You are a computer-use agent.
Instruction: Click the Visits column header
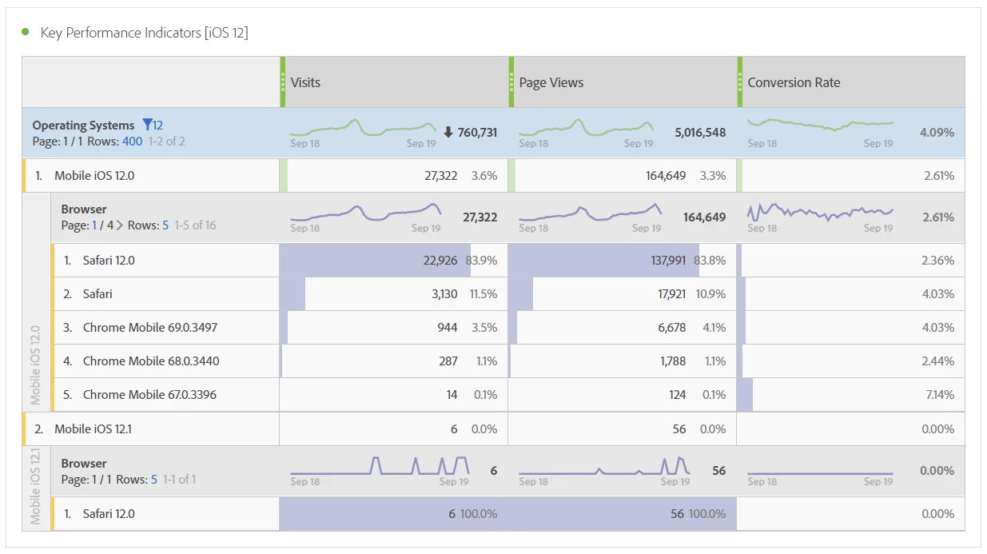(x=305, y=82)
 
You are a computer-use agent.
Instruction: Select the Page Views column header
(x=551, y=82)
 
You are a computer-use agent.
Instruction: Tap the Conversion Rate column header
(x=794, y=82)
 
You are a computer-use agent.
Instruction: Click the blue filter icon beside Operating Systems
(x=147, y=125)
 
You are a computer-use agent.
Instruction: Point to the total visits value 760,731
(x=477, y=133)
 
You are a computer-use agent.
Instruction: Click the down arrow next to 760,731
(x=448, y=132)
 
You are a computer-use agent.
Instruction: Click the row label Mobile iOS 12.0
(x=94, y=176)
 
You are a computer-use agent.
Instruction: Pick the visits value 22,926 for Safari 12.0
(x=440, y=261)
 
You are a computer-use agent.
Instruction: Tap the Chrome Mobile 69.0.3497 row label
(x=150, y=328)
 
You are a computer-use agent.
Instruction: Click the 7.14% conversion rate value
(x=937, y=395)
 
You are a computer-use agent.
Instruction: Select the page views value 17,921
(x=671, y=294)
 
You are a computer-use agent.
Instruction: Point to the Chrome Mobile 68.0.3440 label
(x=151, y=361)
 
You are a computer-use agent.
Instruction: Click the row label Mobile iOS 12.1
(x=93, y=429)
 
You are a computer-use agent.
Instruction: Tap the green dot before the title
(x=26, y=32)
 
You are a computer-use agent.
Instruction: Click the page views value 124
(x=677, y=395)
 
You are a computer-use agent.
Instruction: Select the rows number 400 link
(x=132, y=141)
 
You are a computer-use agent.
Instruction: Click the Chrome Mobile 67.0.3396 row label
(x=149, y=395)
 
